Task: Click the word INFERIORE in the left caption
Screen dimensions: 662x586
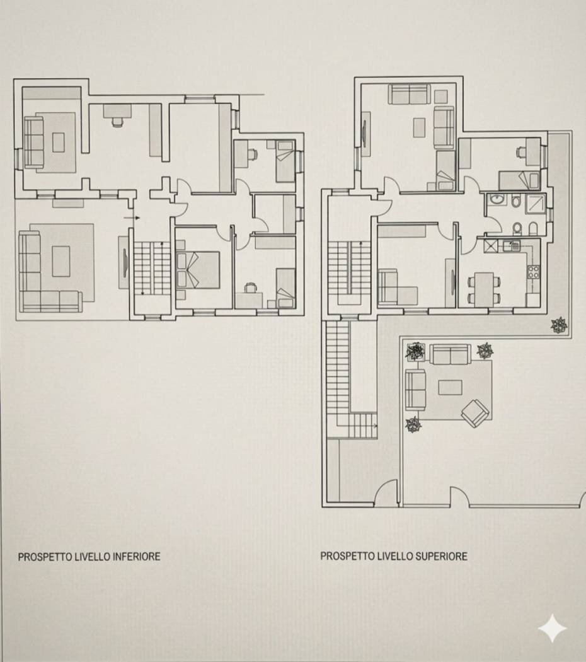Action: coord(135,557)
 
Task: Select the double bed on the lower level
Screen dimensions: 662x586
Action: coord(200,270)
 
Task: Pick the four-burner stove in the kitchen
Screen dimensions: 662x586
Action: coord(532,272)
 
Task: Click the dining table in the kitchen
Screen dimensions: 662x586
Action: coord(483,287)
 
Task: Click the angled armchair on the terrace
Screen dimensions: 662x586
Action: coord(474,413)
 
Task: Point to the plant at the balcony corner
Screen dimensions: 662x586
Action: coord(558,325)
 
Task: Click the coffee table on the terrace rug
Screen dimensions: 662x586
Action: coord(449,387)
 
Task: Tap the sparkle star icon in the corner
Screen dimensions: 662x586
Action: coord(552,629)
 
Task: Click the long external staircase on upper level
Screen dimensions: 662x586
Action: coord(338,372)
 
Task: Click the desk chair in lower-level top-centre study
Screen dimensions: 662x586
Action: coord(117,122)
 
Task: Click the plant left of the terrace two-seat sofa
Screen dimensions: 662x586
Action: coord(415,352)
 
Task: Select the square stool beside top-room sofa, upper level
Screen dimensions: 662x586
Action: coord(440,96)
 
